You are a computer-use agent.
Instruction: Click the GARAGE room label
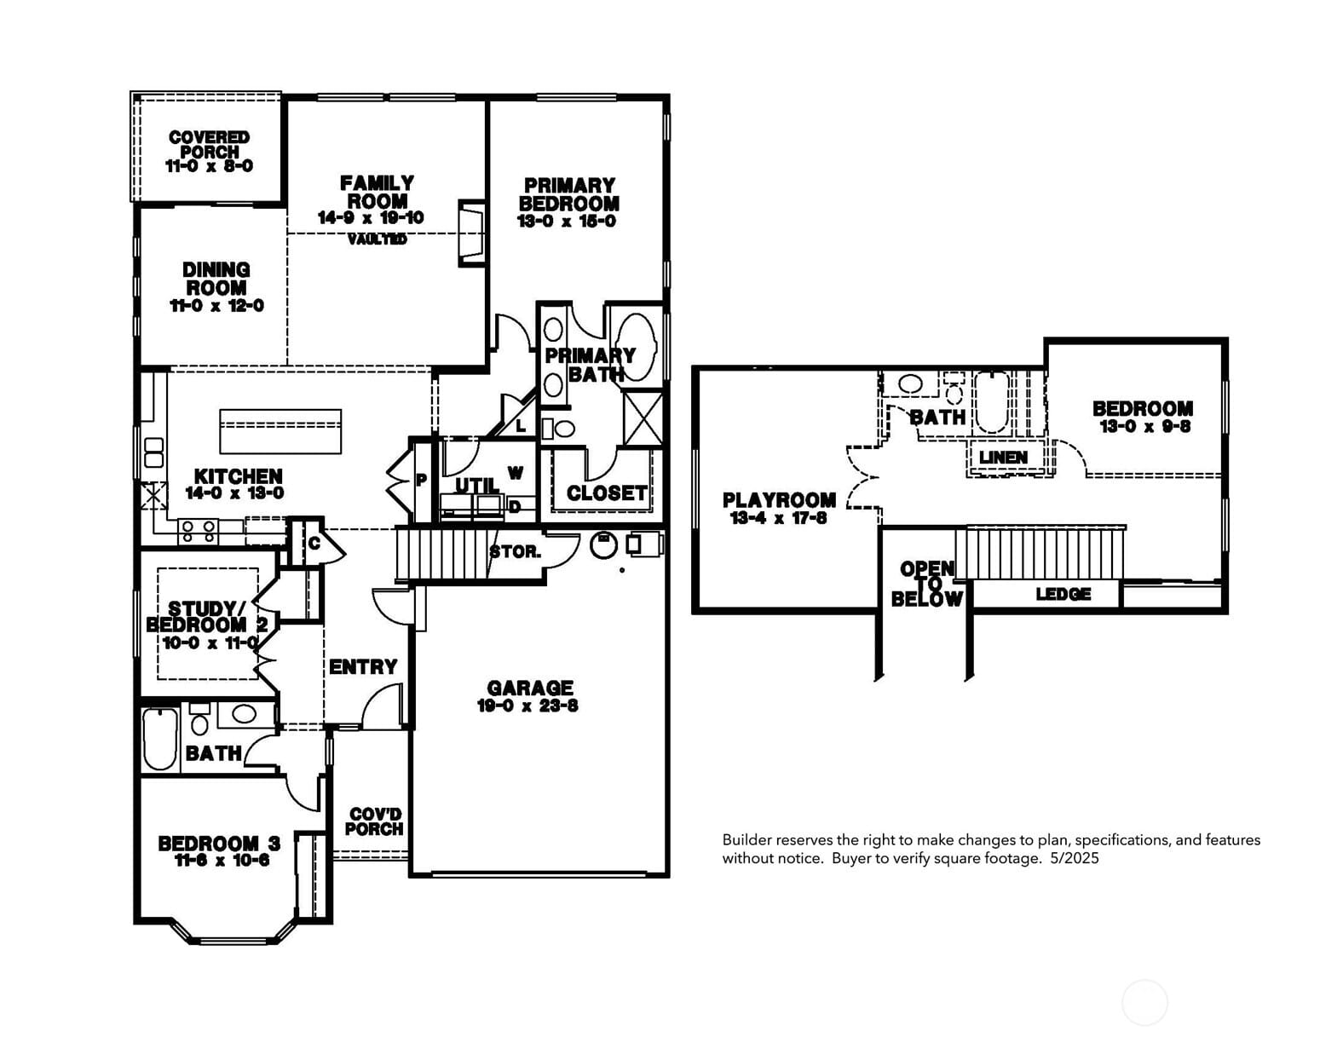[x=529, y=688]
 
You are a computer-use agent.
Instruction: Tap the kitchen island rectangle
[x=280, y=431]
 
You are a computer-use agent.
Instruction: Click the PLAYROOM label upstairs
[x=779, y=500]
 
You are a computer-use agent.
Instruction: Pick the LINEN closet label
[x=1003, y=458]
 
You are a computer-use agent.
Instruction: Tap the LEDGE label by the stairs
[x=1063, y=594]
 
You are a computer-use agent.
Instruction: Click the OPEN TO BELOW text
[x=927, y=584]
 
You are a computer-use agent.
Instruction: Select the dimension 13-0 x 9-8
[x=1144, y=427]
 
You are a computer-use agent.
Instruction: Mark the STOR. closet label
[x=516, y=552]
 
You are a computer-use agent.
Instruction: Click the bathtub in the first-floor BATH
[x=159, y=738]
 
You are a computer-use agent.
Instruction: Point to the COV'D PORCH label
[x=374, y=821]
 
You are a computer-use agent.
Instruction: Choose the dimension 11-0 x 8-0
[x=209, y=166]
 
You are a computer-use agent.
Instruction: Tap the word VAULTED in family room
[x=377, y=239]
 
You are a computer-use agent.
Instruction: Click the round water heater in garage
[x=603, y=544]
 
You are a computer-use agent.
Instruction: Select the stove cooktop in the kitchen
[x=198, y=532]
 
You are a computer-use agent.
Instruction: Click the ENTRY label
[x=363, y=667]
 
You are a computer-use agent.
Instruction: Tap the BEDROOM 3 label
[x=219, y=844]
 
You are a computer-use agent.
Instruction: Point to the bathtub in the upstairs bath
[x=990, y=403]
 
